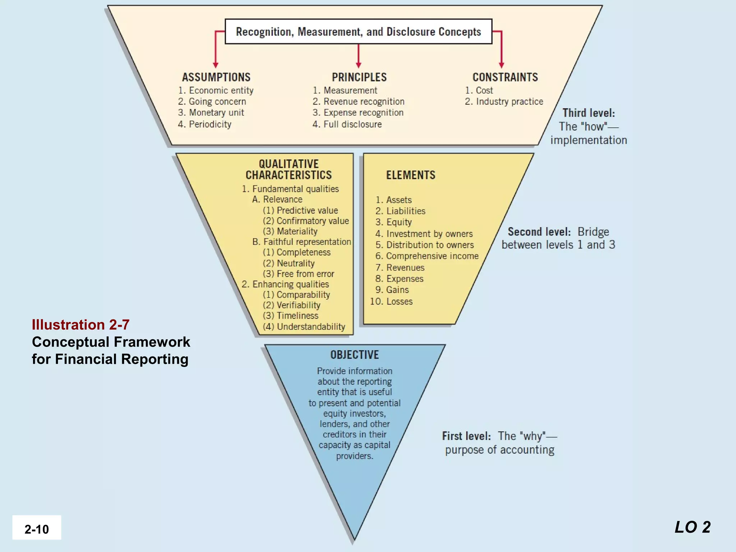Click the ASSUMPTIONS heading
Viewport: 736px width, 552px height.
click(x=216, y=77)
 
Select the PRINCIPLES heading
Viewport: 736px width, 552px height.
click(x=359, y=77)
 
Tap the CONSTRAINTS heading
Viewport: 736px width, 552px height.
click(x=505, y=77)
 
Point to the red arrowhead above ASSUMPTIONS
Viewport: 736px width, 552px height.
click(x=216, y=65)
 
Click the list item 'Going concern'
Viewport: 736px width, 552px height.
click(x=212, y=102)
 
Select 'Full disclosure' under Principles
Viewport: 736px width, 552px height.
click(x=347, y=124)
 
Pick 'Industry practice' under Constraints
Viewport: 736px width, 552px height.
click(x=504, y=102)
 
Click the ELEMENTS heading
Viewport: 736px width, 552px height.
click(x=410, y=175)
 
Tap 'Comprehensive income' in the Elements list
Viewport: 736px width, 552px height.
click(x=427, y=256)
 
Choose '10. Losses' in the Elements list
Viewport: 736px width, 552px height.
click(x=391, y=302)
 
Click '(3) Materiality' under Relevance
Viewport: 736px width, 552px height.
click(x=290, y=231)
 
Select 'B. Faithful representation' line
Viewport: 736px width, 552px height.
click(x=302, y=242)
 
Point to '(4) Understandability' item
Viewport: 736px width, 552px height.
click(x=304, y=327)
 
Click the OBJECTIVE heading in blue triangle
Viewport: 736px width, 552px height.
click(x=354, y=355)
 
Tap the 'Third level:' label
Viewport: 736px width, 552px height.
click(x=588, y=113)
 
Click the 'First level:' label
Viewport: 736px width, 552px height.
click(x=466, y=436)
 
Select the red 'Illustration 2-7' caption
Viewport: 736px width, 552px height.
click(x=80, y=325)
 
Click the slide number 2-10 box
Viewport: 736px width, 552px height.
click(x=37, y=528)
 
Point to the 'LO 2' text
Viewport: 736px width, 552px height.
click(x=693, y=527)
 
